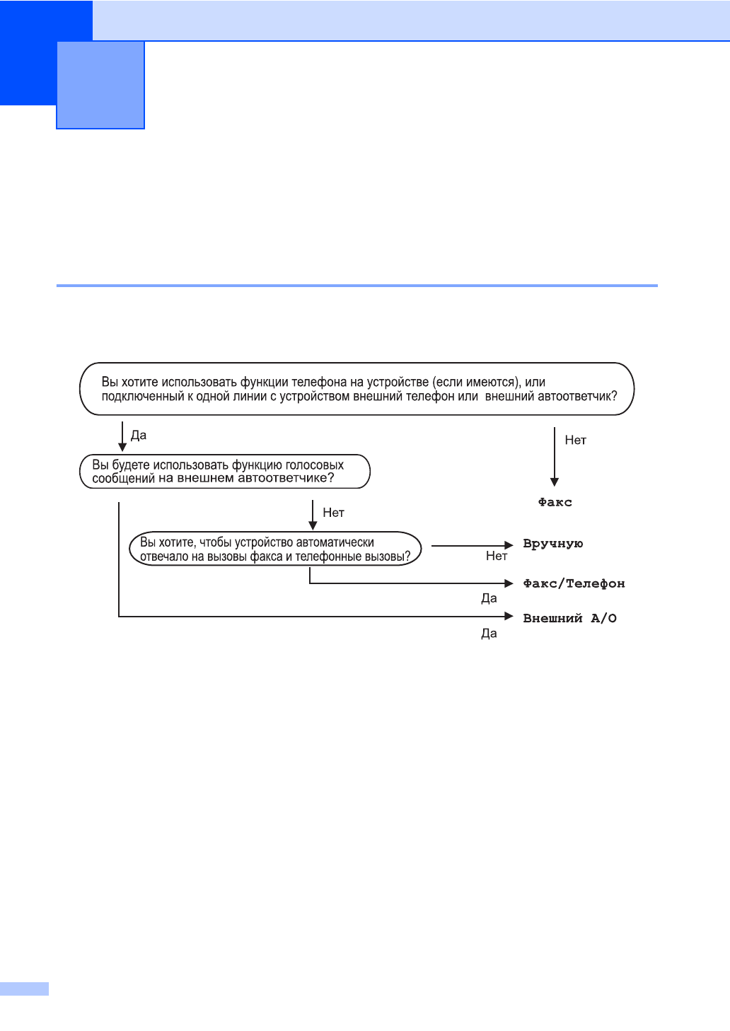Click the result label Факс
tap(555, 502)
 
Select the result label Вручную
tap(552, 544)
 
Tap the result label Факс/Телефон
tap(574, 583)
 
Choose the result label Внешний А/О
tap(569, 618)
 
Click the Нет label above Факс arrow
tap(575, 440)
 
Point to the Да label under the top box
tap(139, 435)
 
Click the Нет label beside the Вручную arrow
tap(497, 556)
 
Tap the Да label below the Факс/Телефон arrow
tap(489, 598)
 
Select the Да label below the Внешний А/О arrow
tap(489, 634)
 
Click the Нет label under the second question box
tap(333, 513)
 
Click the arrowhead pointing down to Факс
tap(555, 482)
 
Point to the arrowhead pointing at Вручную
tap(509, 545)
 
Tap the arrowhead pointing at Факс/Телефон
tap(509, 583)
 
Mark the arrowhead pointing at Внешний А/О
tap(509, 617)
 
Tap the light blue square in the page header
tap(100, 85)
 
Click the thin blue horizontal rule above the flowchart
tap(357, 286)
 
